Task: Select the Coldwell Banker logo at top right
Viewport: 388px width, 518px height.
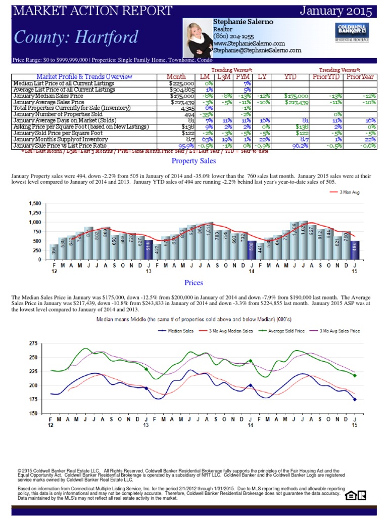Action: (352, 31)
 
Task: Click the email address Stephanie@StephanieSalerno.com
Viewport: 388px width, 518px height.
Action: (257, 51)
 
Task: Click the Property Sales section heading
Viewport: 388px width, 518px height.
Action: (193, 161)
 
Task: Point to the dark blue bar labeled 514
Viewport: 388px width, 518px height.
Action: (148, 249)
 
